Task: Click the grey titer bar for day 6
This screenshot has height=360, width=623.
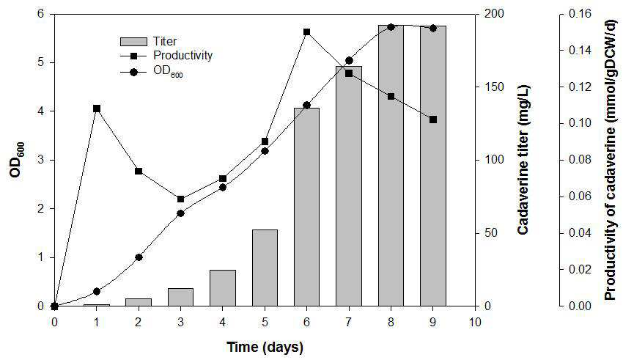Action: tap(306, 207)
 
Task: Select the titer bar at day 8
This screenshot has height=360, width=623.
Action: tap(391, 165)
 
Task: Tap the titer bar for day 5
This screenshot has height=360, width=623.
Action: tap(265, 268)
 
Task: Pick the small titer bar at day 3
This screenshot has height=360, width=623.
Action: tap(181, 297)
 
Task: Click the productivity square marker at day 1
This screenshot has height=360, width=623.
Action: tap(97, 109)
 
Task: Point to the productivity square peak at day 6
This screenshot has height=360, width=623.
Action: tap(306, 32)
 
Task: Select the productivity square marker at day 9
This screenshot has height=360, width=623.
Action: tap(433, 120)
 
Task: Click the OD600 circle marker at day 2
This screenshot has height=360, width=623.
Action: tap(139, 257)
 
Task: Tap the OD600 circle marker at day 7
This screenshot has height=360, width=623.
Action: tap(349, 61)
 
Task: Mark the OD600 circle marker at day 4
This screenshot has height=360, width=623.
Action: tap(223, 188)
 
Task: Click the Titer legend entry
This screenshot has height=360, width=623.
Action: tap(149, 41)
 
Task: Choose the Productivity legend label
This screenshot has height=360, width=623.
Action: tap(183, 55)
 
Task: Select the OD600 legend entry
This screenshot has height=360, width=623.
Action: tap(152, 73)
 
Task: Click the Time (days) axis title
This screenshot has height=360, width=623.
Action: tap(265, 348)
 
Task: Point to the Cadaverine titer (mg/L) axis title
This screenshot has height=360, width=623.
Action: tap(523, 160)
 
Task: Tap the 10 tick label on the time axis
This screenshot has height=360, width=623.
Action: tap(475, 321)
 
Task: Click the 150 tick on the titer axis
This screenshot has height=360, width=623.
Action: tap(493, 87)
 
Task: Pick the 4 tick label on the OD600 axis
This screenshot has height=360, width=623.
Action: tap(40, 111)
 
